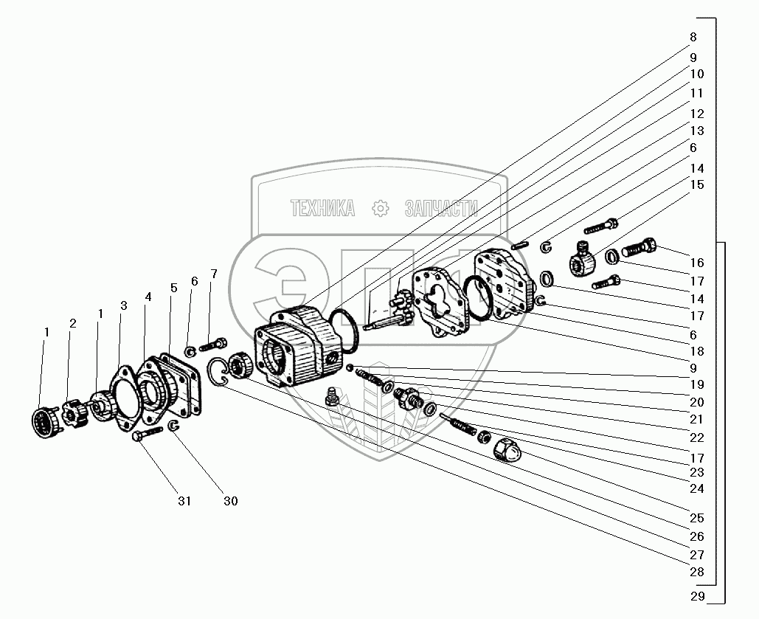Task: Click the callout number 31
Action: [x=184, y=501]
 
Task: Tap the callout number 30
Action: [x=231, y=501]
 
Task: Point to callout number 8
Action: [x=693, y=37]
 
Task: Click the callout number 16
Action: [x=697, y=263]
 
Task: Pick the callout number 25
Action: [x=697, y=518]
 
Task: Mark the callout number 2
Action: [x=73, y=323]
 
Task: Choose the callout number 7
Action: [x=214, y=274]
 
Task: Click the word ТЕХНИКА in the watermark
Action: [x=322, y=209]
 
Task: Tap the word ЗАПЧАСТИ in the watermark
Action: [x=441, y=209]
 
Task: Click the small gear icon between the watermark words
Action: [x=381, y=209]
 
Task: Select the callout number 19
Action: [x=697, y=384]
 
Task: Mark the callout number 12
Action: [x=697, y=114]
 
